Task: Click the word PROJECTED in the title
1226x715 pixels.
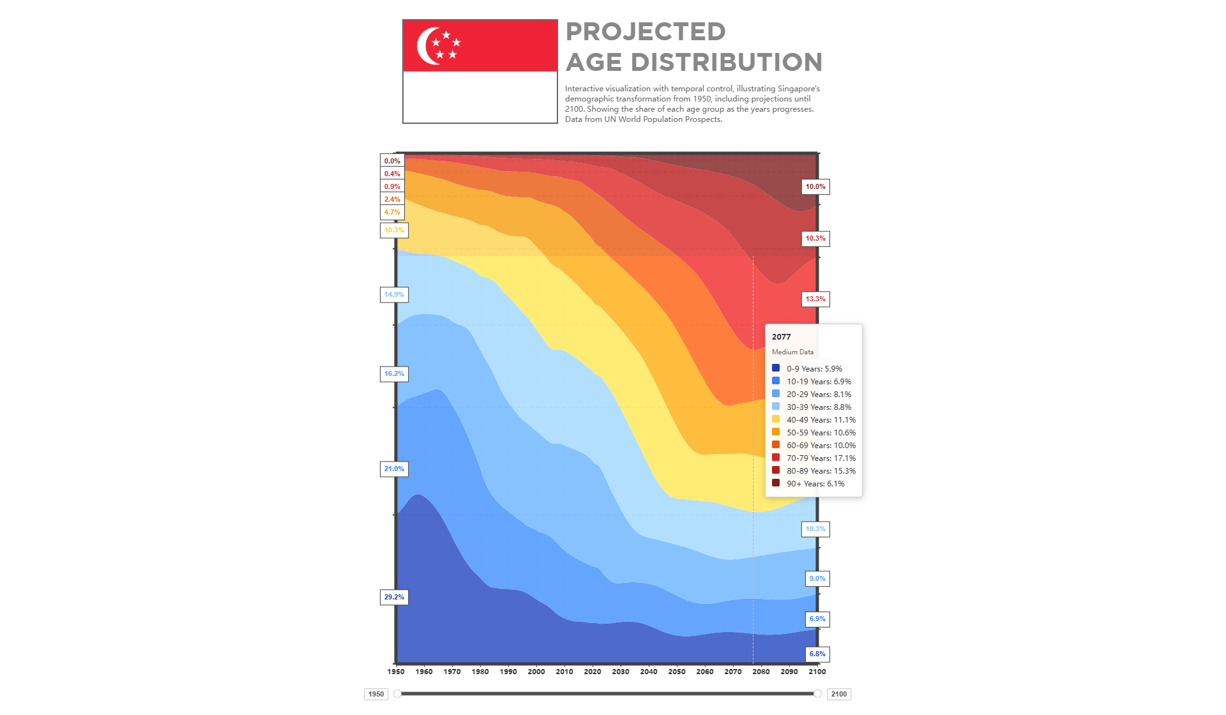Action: (645, 32)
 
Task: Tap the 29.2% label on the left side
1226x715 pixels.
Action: (394, 598)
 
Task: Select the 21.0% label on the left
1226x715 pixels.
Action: (394, 469)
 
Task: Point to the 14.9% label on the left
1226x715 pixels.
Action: (394, 295)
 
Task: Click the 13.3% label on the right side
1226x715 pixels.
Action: (815, 299)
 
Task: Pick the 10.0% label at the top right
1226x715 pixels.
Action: (815, 187)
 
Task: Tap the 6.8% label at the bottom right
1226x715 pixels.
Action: (817, 654)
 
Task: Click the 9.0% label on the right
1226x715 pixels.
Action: (817, 579)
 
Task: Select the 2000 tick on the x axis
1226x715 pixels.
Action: (536, 672)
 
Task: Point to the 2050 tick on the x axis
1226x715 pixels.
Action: (677, 672)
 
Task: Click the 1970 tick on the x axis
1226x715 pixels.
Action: (452, 672)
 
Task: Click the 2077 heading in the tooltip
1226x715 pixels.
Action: (781, 337)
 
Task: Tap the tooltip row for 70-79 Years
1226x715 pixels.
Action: (821, 458)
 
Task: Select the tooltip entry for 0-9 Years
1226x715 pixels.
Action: (814, 369)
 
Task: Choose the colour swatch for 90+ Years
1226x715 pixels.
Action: (776, 483)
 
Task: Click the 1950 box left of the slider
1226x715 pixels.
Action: (376, 695)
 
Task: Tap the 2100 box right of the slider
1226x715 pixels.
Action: (839, 695)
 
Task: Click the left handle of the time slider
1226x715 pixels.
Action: (397, 694)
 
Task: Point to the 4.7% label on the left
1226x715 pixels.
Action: (392, 213)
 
